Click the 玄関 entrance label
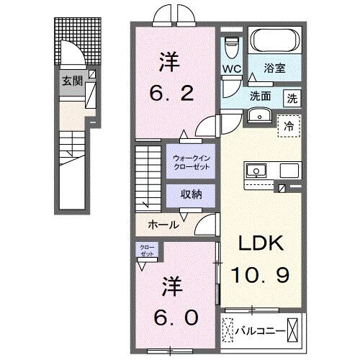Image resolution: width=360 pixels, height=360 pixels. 69,80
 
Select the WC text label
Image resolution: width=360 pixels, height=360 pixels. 232,70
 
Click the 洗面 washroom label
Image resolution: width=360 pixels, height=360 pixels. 261,96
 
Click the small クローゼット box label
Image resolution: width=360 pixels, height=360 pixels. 147,252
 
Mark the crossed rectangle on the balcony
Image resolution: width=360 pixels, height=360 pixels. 294,330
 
